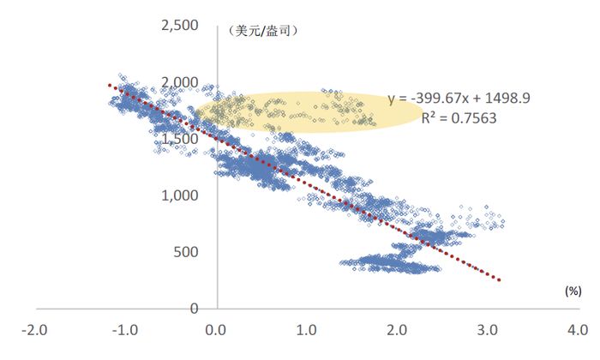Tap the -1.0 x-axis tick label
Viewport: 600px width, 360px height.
point(127,330)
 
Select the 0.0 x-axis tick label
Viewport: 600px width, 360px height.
point(218,330)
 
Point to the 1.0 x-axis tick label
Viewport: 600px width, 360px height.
point(308,330)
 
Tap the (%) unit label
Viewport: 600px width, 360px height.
point(573,291)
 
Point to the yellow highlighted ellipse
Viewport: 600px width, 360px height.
point(309,111)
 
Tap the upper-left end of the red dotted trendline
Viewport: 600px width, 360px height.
point(109,84)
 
